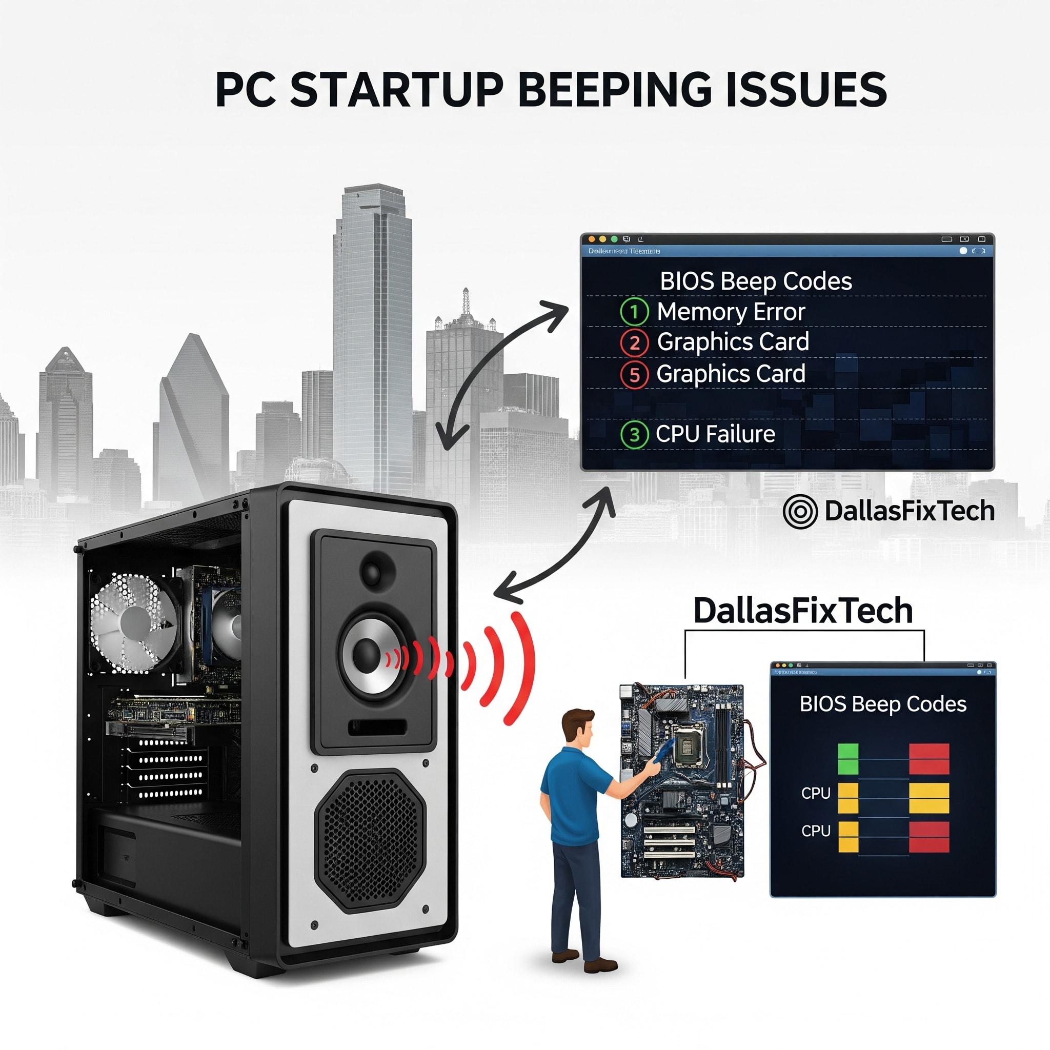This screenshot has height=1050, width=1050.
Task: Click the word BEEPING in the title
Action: coord(614,90)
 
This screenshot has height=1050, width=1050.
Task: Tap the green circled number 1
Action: coord(634,312)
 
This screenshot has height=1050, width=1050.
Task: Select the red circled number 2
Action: coord(634,343)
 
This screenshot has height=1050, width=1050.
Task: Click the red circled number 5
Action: coord(634,375)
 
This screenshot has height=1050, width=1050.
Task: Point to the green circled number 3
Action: coord(634,435)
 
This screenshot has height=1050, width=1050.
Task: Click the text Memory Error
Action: coord(731,312)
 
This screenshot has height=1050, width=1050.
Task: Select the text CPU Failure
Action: coord(715,434)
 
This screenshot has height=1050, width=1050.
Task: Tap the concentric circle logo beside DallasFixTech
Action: coord(800,511)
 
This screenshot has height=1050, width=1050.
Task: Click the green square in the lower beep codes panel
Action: coord(848,759)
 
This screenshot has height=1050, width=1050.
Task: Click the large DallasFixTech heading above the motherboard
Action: coord(803,611)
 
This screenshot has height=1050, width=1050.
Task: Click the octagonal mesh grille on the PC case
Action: coord(371,841)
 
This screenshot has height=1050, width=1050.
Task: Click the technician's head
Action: coord(578,726)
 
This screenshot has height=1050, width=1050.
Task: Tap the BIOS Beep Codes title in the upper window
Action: coord(755,281)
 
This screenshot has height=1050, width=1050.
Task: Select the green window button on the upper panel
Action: coord(614,239)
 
